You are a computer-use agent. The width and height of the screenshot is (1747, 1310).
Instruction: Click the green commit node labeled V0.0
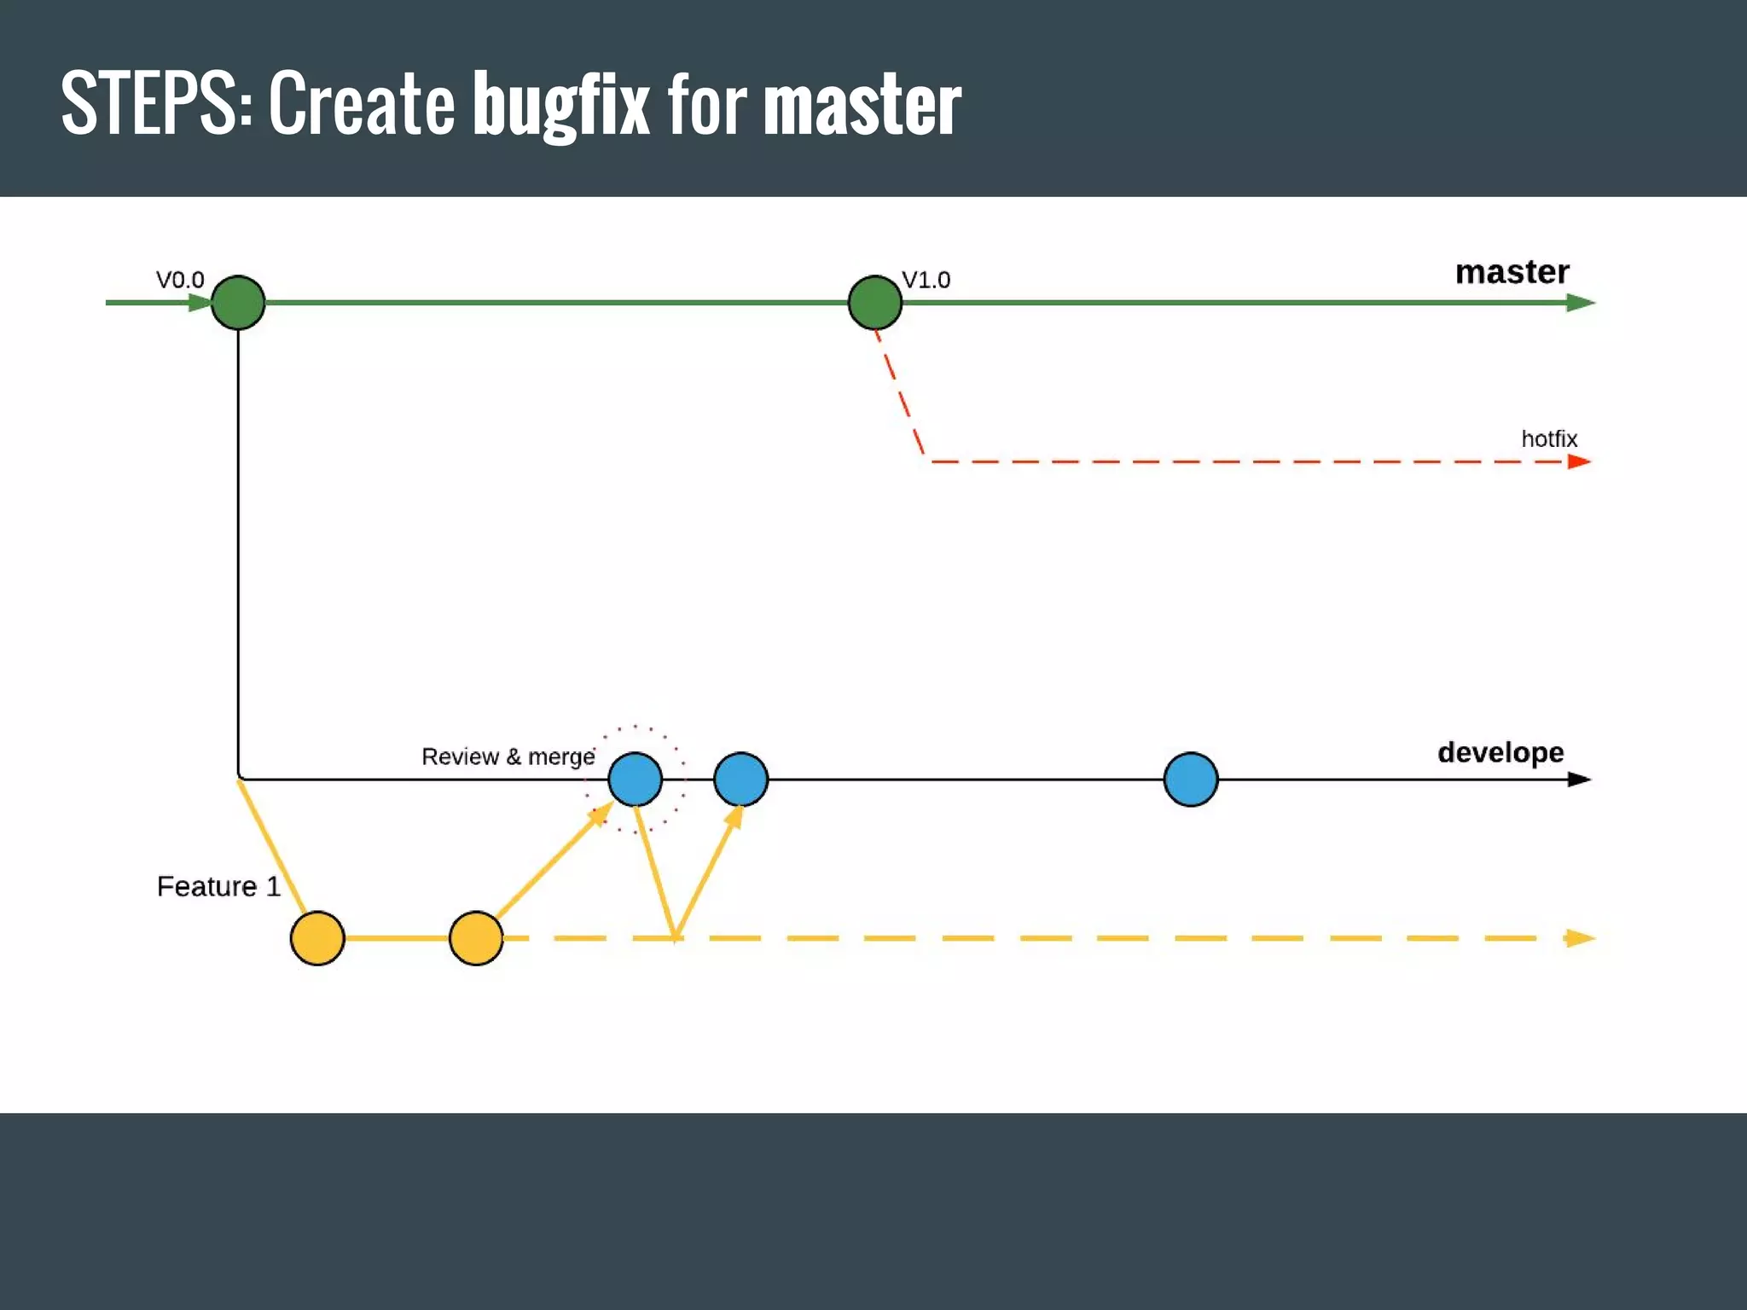238,303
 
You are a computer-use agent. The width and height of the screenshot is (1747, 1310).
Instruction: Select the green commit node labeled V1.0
874,303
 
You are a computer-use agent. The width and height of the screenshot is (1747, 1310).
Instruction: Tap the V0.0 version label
180,280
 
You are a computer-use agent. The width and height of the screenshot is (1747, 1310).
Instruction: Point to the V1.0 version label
926,280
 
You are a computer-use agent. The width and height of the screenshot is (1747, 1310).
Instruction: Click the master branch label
1512,272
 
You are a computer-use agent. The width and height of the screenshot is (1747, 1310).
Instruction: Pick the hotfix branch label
1549,439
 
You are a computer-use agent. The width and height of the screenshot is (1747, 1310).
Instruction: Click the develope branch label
1500,752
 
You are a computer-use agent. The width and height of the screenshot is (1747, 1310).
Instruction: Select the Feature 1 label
218,887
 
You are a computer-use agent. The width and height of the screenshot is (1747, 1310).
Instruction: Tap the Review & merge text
508,756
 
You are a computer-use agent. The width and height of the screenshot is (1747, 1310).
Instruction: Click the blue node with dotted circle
636,780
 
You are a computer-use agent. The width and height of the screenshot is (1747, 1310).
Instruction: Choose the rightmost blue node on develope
1190,780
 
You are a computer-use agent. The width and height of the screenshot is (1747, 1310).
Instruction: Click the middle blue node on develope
740,780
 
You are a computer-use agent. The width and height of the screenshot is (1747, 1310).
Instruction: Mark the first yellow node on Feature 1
317,938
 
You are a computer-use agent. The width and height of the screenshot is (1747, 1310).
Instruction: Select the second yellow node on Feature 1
476,938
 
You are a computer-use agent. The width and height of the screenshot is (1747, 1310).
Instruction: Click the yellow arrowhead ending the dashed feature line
1580,938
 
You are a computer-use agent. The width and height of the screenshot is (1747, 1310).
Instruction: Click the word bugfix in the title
561,104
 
